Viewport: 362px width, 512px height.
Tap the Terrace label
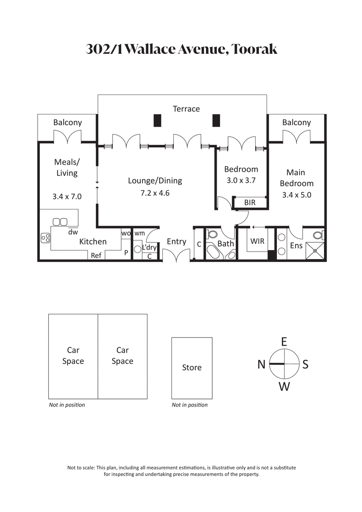[186, 109]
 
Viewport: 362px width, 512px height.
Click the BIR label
[249, 203]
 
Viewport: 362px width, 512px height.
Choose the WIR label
[257, 242]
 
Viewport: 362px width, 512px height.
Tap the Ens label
[296, 246]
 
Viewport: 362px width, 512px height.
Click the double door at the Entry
[176, 256]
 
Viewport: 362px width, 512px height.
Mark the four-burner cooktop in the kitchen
[45, 238]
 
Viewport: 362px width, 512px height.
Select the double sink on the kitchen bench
[60, 222]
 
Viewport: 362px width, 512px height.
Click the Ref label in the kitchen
[96, 256]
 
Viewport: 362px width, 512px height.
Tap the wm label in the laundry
[139, 233]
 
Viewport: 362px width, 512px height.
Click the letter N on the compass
[261, 364]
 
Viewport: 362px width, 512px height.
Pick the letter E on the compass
[284, 341]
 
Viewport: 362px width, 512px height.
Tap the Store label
[191, 367]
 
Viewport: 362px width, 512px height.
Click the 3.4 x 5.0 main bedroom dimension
[296, 195]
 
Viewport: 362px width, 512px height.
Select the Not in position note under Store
[190, 405]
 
